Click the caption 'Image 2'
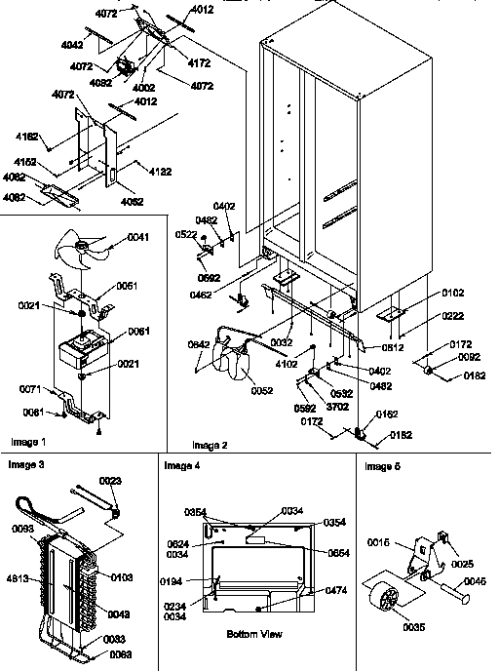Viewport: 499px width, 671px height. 211,445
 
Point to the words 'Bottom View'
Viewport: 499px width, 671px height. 253,635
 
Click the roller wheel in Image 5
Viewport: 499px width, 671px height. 389,588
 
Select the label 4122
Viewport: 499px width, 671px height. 160,173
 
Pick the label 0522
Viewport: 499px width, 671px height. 188,234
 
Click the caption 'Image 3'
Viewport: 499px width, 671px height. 26,463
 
